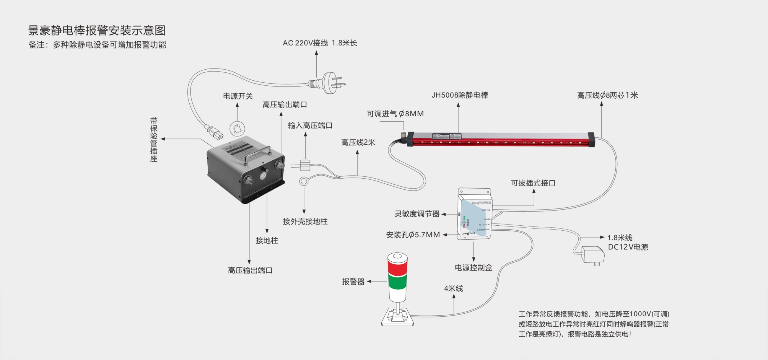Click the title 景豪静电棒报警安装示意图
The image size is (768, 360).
(97, 30)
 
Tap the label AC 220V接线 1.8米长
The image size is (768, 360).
(320, 43)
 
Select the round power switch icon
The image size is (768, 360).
(237, 129)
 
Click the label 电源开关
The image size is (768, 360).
(237, 96)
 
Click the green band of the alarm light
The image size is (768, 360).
(397, 282)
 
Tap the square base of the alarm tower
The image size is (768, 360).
(398, 317)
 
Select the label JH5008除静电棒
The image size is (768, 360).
(460, 95)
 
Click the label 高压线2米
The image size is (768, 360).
(358, 143)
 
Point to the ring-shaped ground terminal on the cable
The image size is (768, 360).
(303, 181)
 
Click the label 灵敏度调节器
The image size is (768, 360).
(417, 214)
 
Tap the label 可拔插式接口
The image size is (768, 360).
(533, 183)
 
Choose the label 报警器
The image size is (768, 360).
(353, 282)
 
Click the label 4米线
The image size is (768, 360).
(453, 289)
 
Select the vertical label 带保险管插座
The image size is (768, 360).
(154, 139)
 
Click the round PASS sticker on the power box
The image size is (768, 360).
(263, 176)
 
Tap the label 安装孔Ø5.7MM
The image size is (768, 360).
(413, 235)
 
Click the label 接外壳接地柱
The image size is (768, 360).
(305, 221)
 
